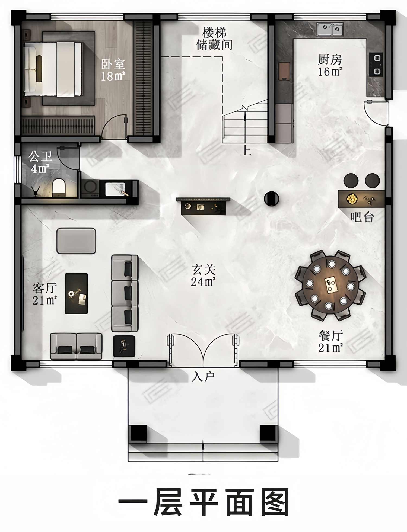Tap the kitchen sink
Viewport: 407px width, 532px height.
tap(330, 29)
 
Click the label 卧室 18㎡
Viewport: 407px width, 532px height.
tap(113, 70)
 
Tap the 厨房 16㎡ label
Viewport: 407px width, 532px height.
tap(330, 65)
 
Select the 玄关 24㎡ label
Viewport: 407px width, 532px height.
tap(203, 275)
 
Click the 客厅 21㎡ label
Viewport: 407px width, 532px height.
tap(45, 294)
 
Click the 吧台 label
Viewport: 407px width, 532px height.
tap(362, 217)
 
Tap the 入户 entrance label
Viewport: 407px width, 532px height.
tap(203, 377)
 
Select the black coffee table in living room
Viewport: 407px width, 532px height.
tap(76, 293)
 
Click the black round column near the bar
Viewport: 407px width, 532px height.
tap(271, 199)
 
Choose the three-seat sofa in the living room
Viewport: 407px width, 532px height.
tap(125, 293)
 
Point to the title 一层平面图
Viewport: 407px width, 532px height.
tap(203, 502)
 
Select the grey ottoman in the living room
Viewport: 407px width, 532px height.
tap(76, 241)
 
